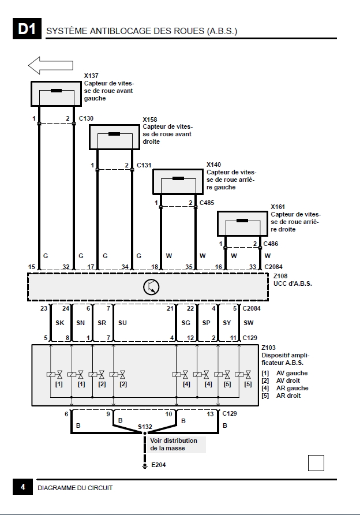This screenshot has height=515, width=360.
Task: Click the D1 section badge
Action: [27, 30]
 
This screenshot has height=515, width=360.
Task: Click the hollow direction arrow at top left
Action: [50, 65]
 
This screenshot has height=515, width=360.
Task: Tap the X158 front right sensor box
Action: [114, 137]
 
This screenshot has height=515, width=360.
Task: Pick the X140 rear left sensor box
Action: [178, 181]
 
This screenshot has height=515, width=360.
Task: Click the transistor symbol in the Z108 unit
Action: [151, 286]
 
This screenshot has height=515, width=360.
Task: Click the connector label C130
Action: [86, 119]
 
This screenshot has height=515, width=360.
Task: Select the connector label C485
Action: [207, 203]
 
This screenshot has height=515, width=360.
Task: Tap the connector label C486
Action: [271, 244]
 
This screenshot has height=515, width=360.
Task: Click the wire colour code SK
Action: [59, 323]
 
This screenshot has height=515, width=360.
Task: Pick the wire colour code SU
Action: [122, 323]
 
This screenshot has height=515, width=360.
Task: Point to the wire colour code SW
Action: [249, 323]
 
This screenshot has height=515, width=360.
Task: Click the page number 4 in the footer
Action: [22, 487]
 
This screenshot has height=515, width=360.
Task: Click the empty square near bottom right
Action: [316, 462]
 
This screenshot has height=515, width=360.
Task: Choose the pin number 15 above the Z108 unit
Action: [32, 267]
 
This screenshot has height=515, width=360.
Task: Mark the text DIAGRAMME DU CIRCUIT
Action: [75, 488]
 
